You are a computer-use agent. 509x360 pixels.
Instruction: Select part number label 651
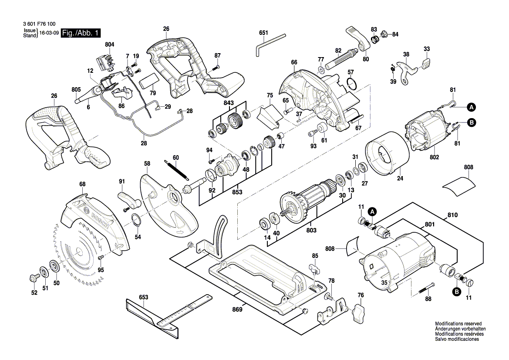tap(263, 33)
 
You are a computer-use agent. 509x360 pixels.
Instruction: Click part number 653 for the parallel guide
tap(143, 297)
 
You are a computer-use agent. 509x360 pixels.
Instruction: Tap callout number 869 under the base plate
tap(237, 309)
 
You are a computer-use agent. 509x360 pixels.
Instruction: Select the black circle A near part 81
tap(472, 107)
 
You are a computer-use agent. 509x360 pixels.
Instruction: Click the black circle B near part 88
tap(457, 292)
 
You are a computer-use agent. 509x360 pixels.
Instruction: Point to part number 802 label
tap(435, 157)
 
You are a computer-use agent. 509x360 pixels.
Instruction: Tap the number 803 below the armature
tap(311, 231)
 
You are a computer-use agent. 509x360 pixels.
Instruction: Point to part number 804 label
tap(110, 44)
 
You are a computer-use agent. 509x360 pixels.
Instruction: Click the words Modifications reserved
tap(458, 324)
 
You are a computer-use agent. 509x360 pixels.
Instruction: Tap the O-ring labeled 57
tap(352, 84)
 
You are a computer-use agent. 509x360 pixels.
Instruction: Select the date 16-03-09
tap(49, 33)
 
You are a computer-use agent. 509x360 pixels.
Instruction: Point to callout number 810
tap(452, 215)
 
